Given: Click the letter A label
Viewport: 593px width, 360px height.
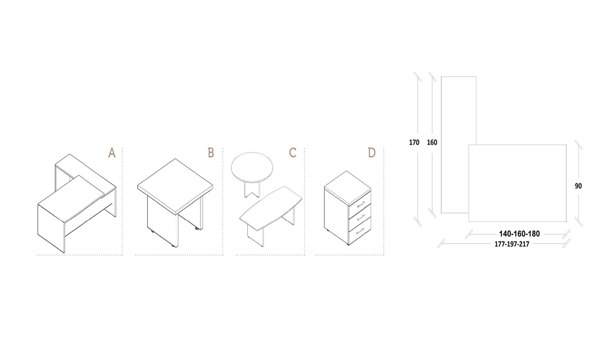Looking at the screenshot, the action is click(112, 153).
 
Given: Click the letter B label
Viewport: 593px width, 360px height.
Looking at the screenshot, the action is click(211, 153).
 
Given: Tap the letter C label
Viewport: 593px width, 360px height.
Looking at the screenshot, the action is click(292, 153).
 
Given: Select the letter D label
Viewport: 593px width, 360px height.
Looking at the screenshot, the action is click(372, 153).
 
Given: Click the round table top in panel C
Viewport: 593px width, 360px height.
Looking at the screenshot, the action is click(252, 167).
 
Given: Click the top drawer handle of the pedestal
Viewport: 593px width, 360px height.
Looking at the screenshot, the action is click(361, 205).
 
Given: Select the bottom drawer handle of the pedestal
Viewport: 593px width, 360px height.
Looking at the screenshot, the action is click(361, 231).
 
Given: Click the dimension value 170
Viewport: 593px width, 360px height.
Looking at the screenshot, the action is click(414, 142).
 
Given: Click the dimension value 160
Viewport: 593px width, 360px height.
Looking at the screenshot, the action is click(432, 142).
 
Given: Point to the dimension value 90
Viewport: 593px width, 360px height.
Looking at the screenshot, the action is click(578, 186).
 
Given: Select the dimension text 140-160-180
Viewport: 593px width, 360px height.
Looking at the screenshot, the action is click(519, 234).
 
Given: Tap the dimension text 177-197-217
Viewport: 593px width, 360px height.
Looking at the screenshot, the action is click(512, 244).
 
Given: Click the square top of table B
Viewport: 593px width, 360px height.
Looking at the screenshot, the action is click(175, 185).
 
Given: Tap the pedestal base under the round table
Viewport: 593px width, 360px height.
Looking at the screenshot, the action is click(252, 190).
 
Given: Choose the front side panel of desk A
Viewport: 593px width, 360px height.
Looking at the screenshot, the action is click(51, 228).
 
